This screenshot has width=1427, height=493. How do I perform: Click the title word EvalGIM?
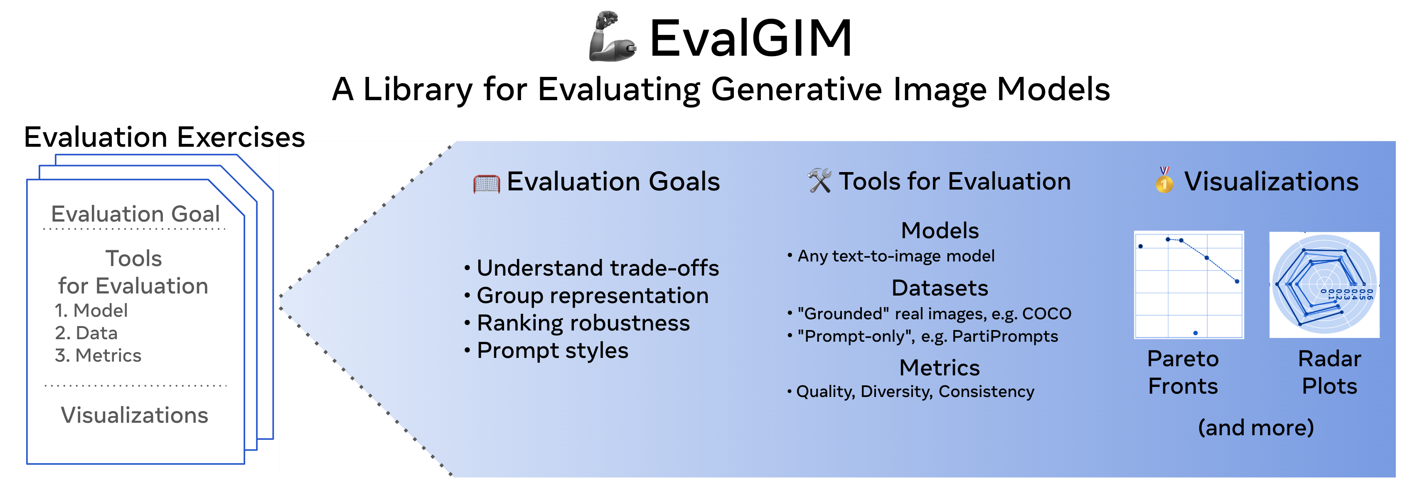tap(750, 38)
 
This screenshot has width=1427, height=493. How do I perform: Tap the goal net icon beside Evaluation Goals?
tap(486, 183)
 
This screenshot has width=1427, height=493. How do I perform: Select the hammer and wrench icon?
tap(819, 180)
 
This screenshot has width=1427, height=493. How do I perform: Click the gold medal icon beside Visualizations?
tap(1164, 180)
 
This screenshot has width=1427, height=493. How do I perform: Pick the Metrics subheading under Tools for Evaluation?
tap(940, 368)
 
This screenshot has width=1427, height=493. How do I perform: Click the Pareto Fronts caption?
tap(1183, 372)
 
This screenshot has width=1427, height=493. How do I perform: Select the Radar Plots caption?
tap(1329, 372)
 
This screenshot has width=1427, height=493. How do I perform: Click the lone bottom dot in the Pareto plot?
tap(1196, 333)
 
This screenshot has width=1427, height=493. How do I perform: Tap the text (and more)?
tap(1255, 428)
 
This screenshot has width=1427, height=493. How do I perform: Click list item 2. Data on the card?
tap(86, 333)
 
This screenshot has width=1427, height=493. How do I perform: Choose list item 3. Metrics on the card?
tap(98, 355)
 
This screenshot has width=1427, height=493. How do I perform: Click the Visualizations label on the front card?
tap(135, 415)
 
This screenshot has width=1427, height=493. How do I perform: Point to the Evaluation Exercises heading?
tap(165, 137)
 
